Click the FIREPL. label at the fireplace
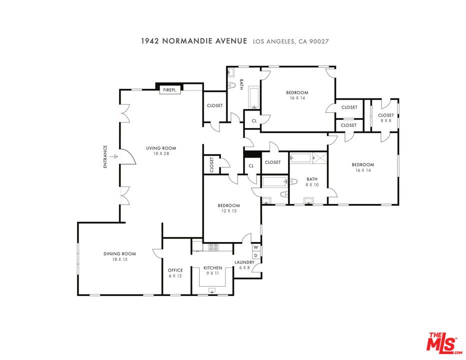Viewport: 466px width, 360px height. [x=170, y=89]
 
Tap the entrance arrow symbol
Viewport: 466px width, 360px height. [x=113, y=156]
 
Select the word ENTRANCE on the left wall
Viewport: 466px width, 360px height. [x=105, y=156]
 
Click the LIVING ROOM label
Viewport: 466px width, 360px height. [x=161, y=148]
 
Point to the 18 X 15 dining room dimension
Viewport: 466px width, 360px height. [x=120, y=259]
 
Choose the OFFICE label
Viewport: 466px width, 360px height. [x=175, y=270]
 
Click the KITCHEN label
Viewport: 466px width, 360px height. [x=213, y=268]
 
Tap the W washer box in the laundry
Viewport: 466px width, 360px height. [x=255, y=247]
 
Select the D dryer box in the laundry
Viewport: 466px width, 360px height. [x=255, y=255]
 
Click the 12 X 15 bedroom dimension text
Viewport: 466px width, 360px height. [x=229, y=211]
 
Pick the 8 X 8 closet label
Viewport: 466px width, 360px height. [x=386, y=120]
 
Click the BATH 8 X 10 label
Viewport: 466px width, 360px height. [x=312, y=181]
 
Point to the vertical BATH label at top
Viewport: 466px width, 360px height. [x=241, y=84]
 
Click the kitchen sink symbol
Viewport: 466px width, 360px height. [x=212, y=290]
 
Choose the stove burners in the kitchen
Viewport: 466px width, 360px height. [x=213, y=247]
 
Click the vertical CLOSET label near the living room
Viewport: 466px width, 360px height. [x=211, y=165]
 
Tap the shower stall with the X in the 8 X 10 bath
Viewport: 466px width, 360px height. [x=320, y=158]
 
